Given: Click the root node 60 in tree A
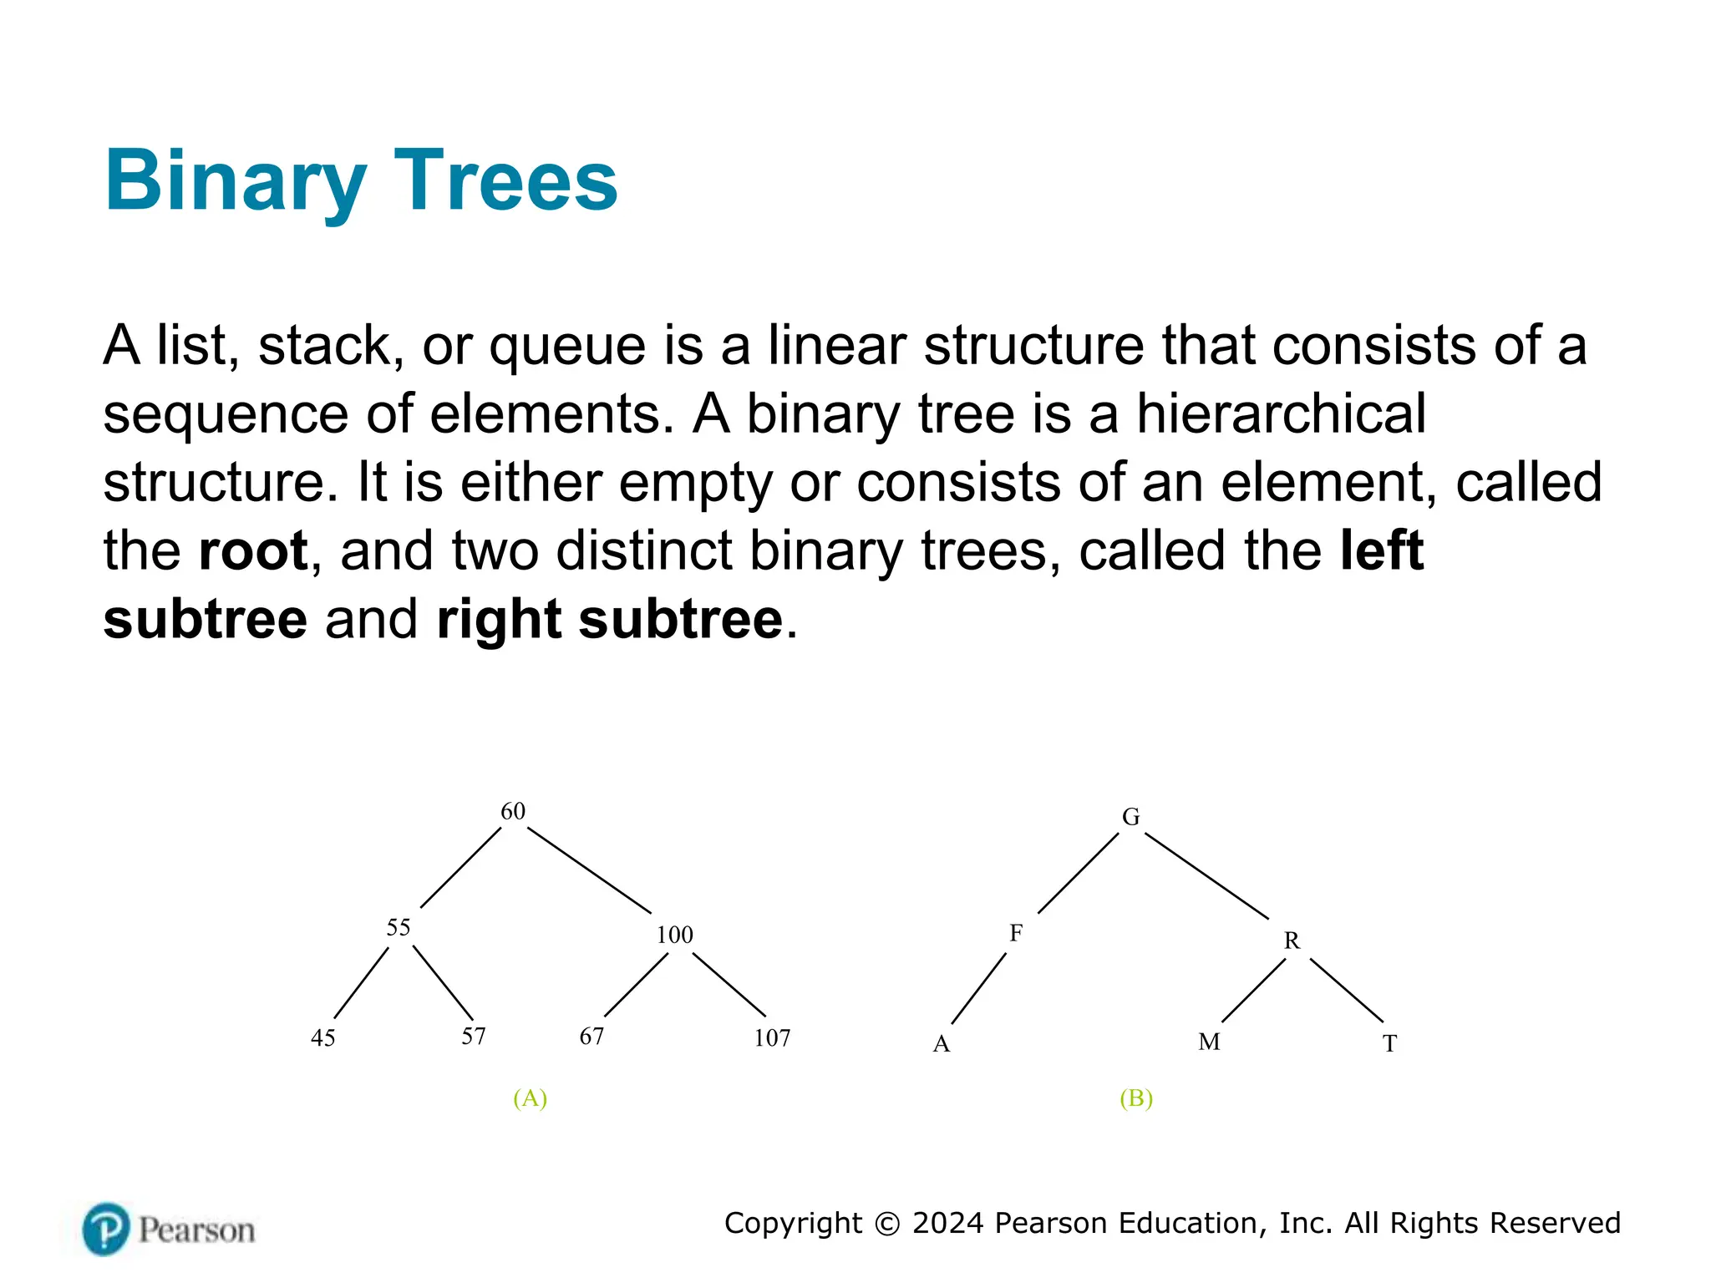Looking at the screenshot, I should [512, 811].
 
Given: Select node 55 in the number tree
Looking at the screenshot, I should [399, 927].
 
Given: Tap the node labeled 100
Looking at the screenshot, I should [674, 935].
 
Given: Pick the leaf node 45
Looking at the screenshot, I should [323, 1037].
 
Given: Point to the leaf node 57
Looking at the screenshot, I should [474, 1036].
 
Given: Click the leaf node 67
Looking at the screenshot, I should [591, 1036].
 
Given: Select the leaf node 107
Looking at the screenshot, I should [772, 1037].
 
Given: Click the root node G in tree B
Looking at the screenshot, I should [1130, 817].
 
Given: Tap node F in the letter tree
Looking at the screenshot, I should [1016, 933].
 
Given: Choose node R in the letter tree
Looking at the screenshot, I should [1292, 941].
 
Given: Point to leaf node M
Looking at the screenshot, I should [1209, 1042].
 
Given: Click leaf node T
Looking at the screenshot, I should [1389, 1043].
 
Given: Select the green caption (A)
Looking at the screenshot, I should [530, 1098].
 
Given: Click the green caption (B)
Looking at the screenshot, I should [1136, 1098].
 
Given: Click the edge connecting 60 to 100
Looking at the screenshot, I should [589, 870].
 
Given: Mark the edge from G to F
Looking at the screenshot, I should [1078, 873].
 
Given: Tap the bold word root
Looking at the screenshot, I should [253, 551].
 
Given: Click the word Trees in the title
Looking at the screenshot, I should [505, 180].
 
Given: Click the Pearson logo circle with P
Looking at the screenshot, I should [106, 1229].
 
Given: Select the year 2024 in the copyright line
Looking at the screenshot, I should [947, 1223].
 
